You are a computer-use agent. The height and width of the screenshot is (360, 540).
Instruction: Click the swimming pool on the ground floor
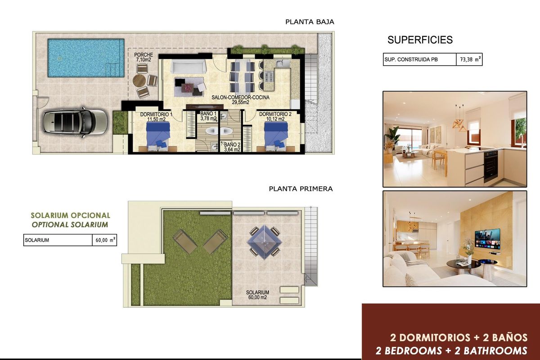(85, 58)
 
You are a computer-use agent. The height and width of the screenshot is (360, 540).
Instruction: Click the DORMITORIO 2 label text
(275, 114)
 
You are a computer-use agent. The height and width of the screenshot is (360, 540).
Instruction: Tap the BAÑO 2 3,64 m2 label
(232, 147)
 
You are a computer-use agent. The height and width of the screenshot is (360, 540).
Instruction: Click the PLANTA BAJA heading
(310, 22)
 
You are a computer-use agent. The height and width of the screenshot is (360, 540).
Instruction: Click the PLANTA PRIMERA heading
(301, 189)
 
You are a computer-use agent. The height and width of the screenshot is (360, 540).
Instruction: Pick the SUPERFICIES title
(420, 40)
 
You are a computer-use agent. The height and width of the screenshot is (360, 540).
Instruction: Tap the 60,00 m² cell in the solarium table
(104, 240)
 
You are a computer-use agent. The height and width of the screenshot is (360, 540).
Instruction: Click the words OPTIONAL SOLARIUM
(70, 225)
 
